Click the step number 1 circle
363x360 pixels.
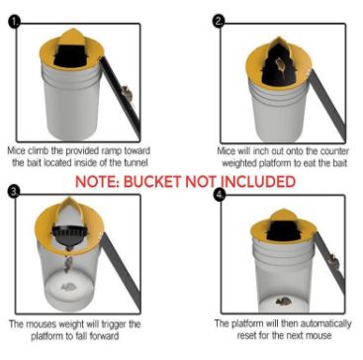coord(14,23)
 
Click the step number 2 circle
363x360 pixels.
coord(218,22)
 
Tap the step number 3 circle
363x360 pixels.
coord(14,192)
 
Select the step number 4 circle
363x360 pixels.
coord(219,195)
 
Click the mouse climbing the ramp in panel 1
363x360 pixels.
coord(127,93)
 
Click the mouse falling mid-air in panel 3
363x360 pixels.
coord(68,264)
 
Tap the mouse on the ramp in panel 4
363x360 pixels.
coord(333,261)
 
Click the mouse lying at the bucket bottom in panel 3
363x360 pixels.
coord(69,288)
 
